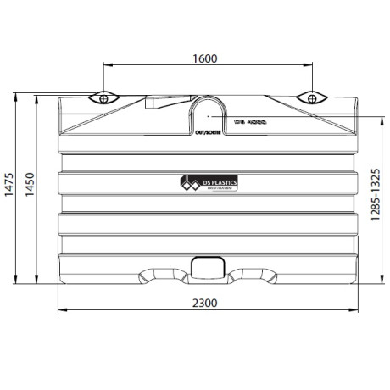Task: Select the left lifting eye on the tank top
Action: (103, 97)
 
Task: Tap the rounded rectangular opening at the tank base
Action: (207, 267)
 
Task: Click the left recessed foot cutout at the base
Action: (159, 276)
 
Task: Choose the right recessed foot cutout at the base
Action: (253, 276)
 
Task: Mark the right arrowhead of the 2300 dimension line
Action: (354, 310)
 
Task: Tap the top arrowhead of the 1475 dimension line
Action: (16, 96)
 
